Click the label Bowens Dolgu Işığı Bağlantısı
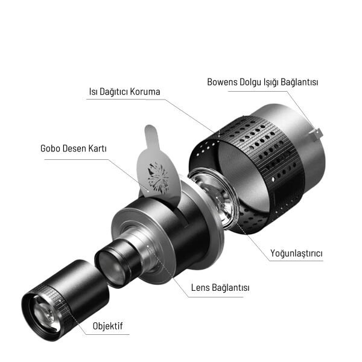coord(262,81)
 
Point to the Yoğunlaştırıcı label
coord(296,254)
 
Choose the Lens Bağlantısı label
coord(220,288)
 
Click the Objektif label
coord(108,326)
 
